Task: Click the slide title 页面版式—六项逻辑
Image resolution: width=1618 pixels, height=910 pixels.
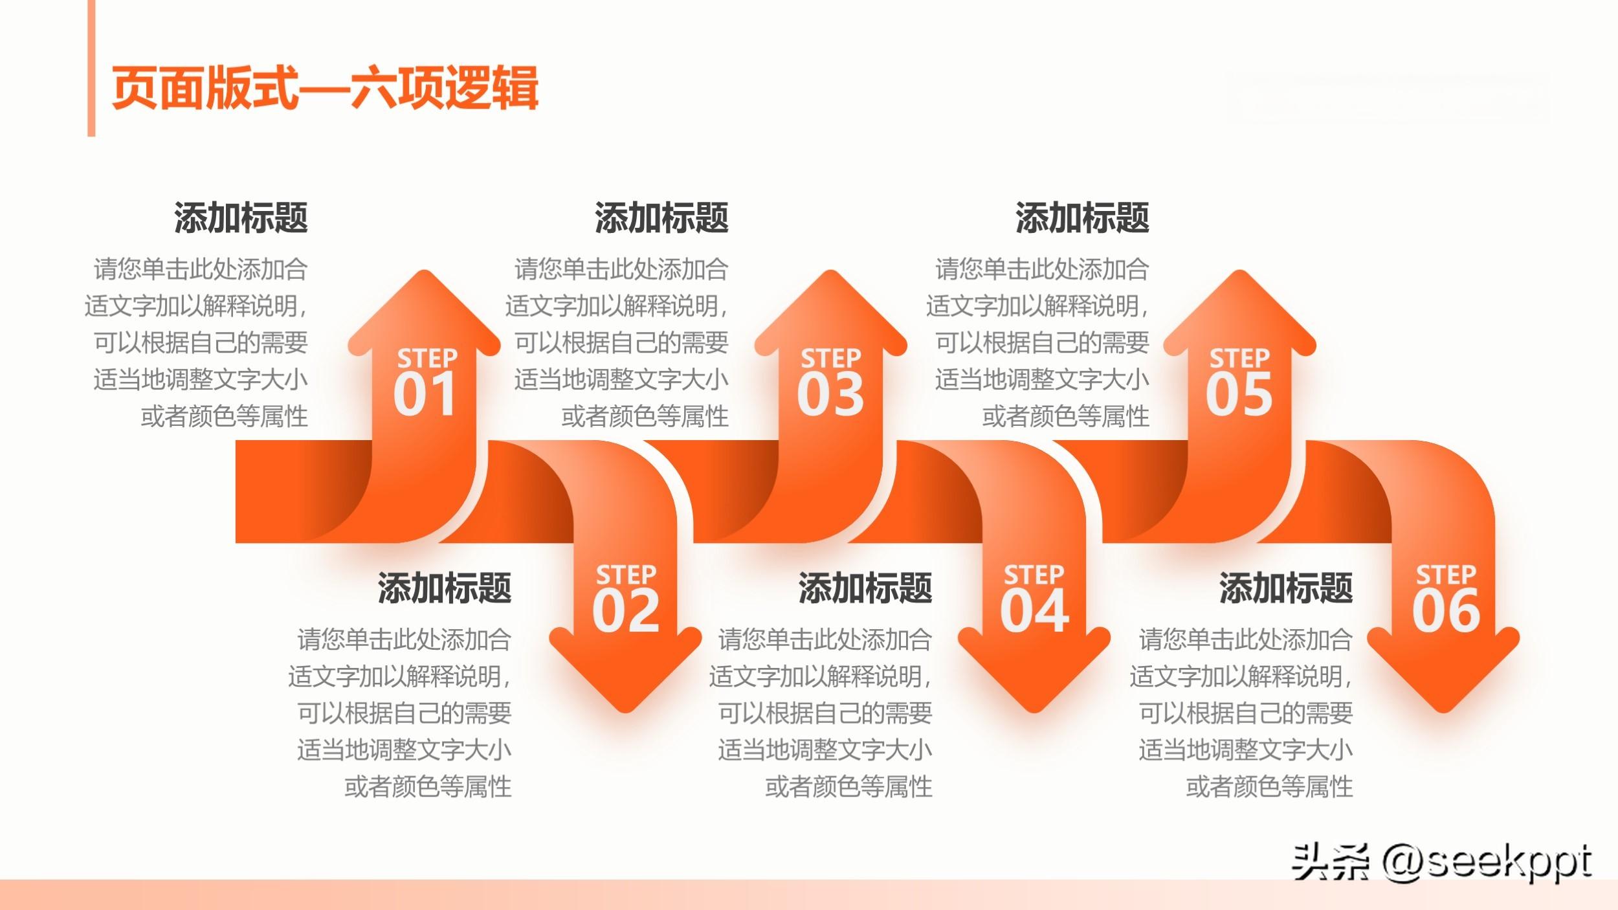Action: pyautogui.click(x=325, y=89)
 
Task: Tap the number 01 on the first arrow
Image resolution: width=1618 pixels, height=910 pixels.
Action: pyautogui.click(x=425, y=394)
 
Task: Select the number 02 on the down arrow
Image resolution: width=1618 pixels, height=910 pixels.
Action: pyautogui.click(x=626, y=610)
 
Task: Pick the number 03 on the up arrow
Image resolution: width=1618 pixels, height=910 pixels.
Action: pyautogui.click(x=830, y=394)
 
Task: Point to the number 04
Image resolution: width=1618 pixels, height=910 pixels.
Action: pyautogui.click(x=1034, y=610)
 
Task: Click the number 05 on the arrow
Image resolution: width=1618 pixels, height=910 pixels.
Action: pyautogui.click(x=1239, y=394)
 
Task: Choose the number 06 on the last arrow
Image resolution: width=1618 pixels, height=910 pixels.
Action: pyautogui.click(x=1446, y=610)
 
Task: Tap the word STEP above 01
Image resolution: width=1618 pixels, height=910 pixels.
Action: pyautogui.click(x=427, y=358)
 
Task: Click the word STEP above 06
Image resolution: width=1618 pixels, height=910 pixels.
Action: pyautogui.click(x=1446, y=574)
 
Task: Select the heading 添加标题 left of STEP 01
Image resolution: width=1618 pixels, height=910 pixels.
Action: pyautogui.click(x=241, y=217)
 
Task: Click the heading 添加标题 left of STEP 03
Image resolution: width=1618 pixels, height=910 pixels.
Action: pyautogui.click(x=661, y=217)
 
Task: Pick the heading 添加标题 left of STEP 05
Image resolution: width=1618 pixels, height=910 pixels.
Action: pyautogui.click(x=1082, y=217)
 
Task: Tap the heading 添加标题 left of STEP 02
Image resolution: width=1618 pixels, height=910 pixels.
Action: pyautogui.click(x=445, y=588)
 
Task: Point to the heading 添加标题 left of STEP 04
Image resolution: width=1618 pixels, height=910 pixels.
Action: pyautogui.click(x=865, y=588)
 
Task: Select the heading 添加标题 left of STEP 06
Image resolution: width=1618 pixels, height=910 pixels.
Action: pyautogui.click(x=1286, y=588)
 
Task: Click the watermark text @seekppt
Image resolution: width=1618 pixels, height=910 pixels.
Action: pyautogui.click(x=1487, y=863)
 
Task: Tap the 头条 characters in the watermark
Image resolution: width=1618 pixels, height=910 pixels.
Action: pyautogui.click(x=1331, y=862)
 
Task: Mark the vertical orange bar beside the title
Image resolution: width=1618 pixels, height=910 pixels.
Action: pyautogui.click(x=91, y=68)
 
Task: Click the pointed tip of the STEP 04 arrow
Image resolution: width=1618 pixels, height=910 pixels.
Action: pyautogui.click(x=1034, y=712)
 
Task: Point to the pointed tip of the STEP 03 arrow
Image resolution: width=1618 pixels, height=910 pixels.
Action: pyautogui.click(x=830, y=271)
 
